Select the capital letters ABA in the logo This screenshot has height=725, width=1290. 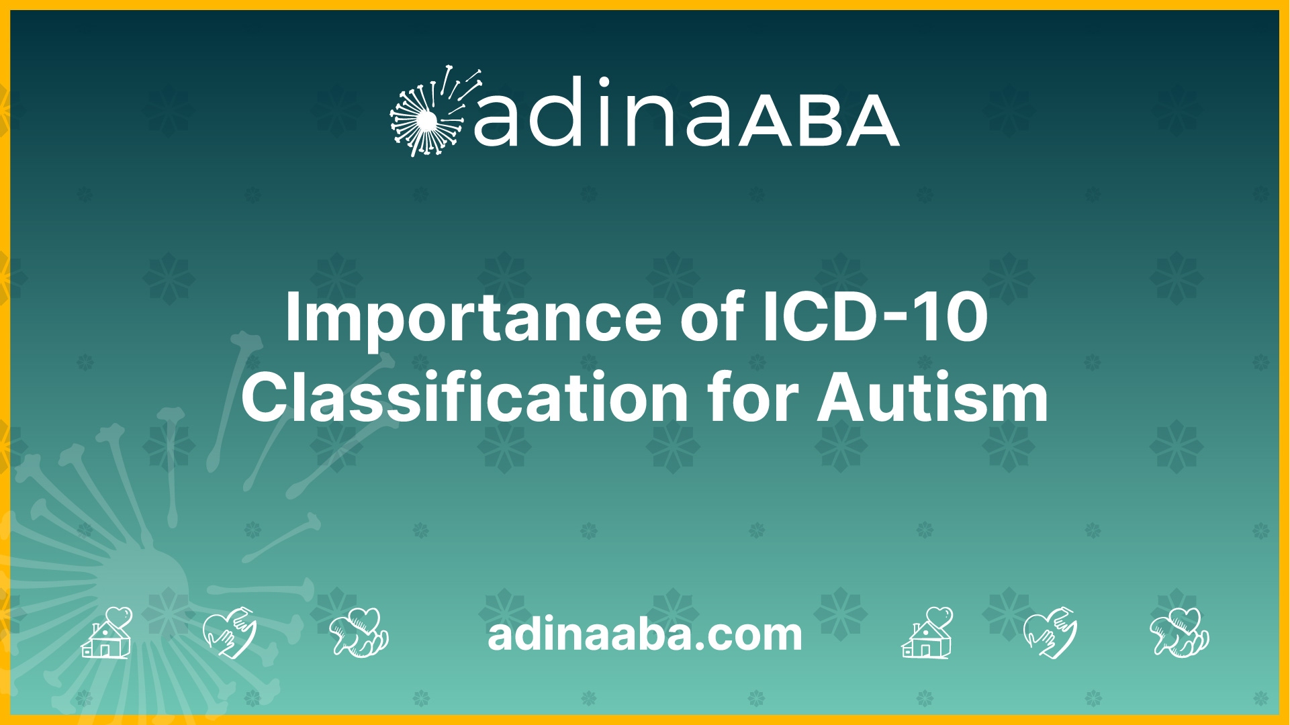(x=819, y=121)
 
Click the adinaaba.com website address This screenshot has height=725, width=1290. (x=645, y=634)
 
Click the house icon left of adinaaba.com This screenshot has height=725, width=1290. (x=107, y=632)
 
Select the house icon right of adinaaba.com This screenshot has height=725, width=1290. (x=927, y=632)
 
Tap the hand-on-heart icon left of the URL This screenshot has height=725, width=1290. (x=230, y=632)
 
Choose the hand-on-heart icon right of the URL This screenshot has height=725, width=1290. (x=1050, y=632)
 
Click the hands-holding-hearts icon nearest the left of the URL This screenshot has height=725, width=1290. (x=359, y=632)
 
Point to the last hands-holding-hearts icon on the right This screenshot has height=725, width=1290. (x=1180, y=632)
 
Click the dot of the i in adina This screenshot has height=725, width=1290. (x=604, y=83)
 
